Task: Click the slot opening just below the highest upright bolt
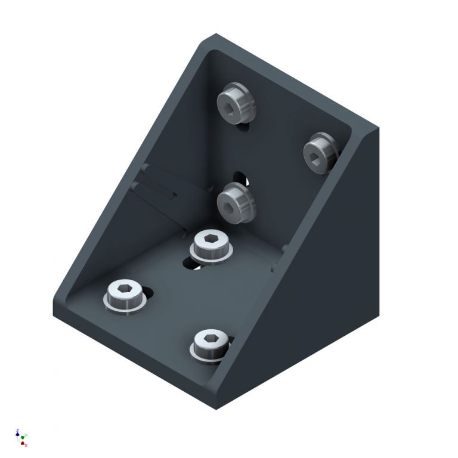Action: click(x=243, y=126)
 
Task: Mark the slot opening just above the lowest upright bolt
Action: click(x=240, y=177)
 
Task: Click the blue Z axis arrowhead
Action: click(x=17, y=432)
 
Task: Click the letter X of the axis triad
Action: click(x=26, y=445)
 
